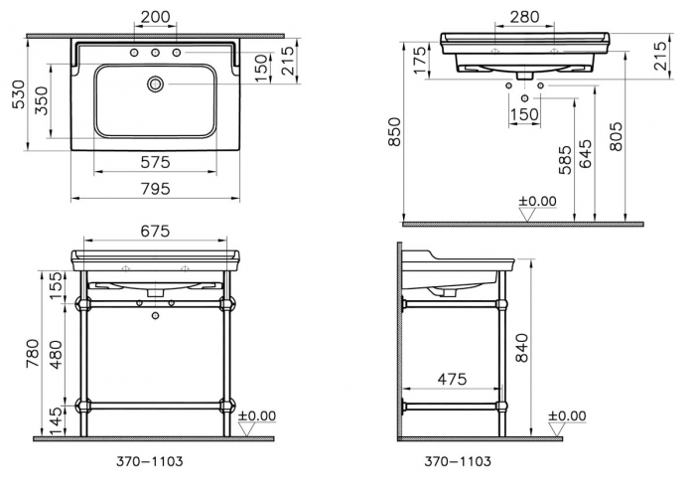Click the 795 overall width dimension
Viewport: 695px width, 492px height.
(155, 189)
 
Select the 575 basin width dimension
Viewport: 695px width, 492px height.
(155, 162)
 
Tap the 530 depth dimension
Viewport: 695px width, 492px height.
(19, 94)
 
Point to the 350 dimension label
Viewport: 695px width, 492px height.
(41, 100)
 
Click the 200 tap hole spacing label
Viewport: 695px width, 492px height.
(155, 17)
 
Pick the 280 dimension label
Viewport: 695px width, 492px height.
(524, 17)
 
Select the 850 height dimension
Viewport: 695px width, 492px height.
(394, 132)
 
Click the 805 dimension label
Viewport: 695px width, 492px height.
(616, 136)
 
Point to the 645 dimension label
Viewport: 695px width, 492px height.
(585, 154)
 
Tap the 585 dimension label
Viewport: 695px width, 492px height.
(565, 160)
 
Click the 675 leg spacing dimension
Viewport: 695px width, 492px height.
(155, 232)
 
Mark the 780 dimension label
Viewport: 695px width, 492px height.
(33, 354)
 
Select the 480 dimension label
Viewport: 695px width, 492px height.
(57, 355)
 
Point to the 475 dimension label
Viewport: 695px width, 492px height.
(452, 379)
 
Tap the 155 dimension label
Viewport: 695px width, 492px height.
(57, 286)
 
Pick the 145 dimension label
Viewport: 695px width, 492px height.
(57, 421)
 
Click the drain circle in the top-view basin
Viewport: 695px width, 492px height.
(156, 83)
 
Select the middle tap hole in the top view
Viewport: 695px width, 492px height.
(155, 53)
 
